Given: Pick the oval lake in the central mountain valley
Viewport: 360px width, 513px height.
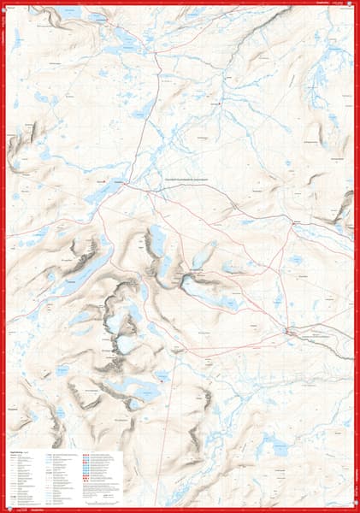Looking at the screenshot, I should pos(159,242).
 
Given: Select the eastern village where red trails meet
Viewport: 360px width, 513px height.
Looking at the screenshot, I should pos(296,224).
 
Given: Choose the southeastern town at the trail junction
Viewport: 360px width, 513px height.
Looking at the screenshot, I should pos(288,329).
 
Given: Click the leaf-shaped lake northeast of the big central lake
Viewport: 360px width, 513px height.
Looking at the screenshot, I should pos(204,254).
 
